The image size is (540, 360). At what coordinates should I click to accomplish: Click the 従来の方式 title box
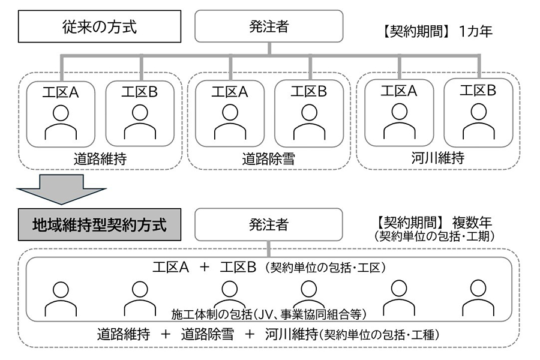tap(100, 27)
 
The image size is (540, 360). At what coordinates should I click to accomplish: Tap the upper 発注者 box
tap(268, 27)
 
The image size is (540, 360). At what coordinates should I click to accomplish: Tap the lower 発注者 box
tap(268, 224)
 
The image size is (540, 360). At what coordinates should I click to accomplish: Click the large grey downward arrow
tap(62, 187)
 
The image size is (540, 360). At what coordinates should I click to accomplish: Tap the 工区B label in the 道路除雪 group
tap(309, 92)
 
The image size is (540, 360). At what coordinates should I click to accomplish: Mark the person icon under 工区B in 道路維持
tap(140, 122)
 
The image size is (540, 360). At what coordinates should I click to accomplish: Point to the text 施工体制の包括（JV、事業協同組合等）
tap(268, 313)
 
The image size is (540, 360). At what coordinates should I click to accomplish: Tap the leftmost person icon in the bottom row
tap(61, 298)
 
